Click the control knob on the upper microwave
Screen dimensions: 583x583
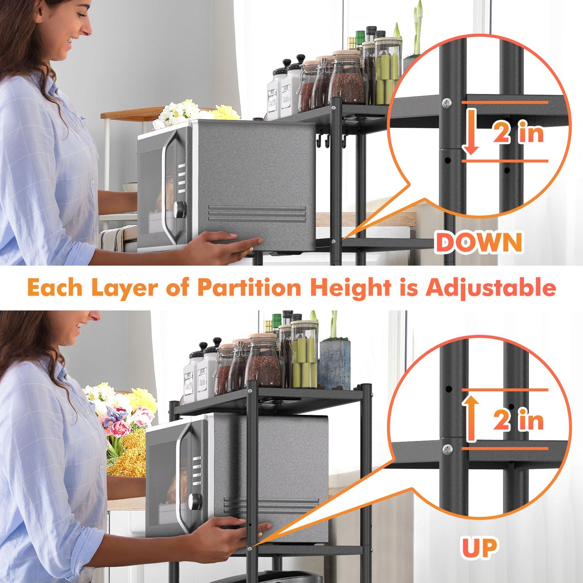point(180,208)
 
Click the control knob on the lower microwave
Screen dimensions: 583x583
point(196,502)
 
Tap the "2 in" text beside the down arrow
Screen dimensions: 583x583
point(518,133)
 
